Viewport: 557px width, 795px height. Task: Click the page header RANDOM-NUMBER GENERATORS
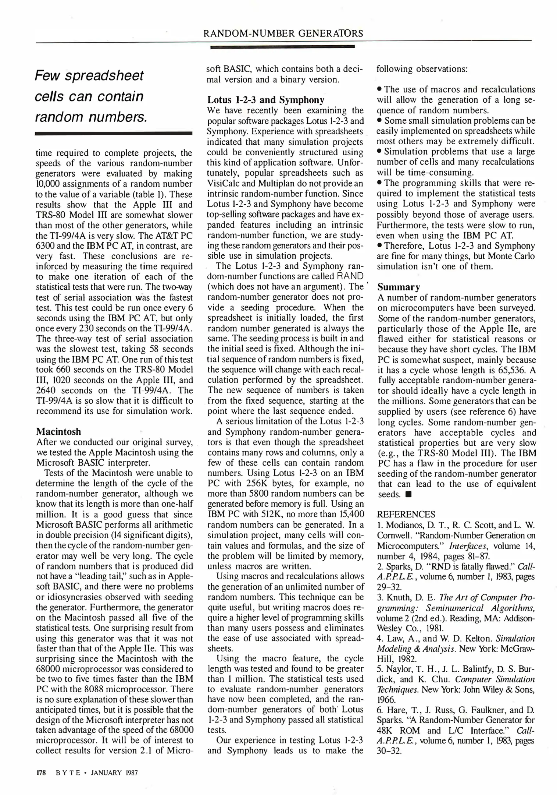pyautogui.click(x=283, y=33)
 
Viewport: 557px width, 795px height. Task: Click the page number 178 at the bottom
pyautogui.click(x=40, y=772)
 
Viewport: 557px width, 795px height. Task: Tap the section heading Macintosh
pyautogui.click(x=58, y=431)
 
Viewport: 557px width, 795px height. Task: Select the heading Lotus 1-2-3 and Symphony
pyautogui.click(x=265, y=100)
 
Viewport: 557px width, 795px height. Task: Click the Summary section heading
pyautogui.click(x=399, y=287)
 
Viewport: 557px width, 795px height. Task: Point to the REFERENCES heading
pyautogui.click(x=406, y=514)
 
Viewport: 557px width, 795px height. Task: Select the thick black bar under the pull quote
pyautogui.click(x=114, y=134)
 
